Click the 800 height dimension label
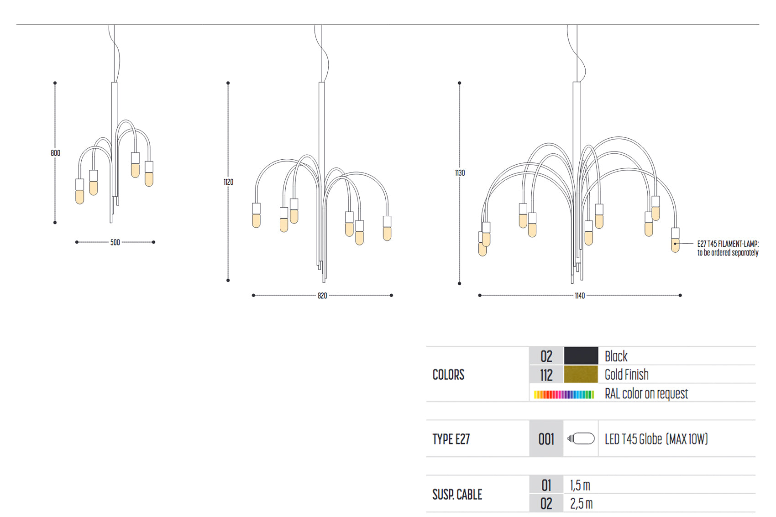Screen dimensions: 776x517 (55, 153)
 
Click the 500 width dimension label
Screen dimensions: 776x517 (115, 242)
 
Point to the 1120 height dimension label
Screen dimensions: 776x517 (228, 182)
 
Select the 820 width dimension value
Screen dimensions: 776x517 (322, 296)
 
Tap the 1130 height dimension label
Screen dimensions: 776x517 (460, 173)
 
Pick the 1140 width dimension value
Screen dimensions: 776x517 (580, 296)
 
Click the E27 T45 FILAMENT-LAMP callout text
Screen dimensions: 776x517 (728, 248)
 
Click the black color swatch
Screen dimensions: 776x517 (581, 355)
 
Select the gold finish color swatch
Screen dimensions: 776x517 (581, 374)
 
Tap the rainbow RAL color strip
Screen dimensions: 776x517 (564, 394)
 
